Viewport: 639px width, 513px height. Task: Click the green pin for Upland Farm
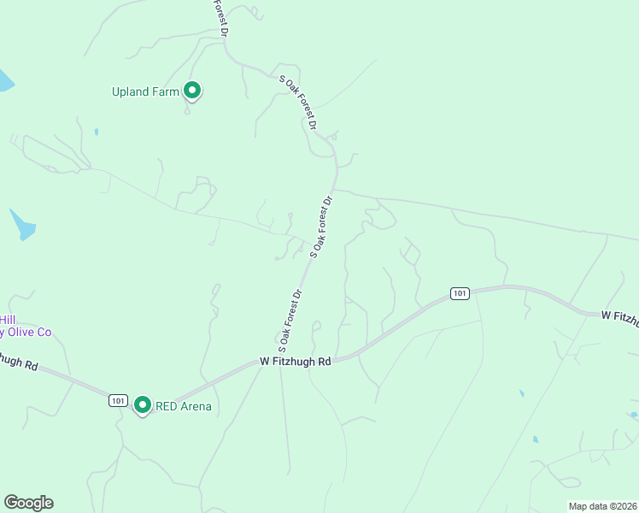193,90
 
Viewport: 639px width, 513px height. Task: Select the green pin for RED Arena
143,405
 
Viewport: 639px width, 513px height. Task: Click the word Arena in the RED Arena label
196,406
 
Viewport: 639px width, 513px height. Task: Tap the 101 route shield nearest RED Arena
119,400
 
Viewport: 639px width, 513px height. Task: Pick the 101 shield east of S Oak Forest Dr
460,294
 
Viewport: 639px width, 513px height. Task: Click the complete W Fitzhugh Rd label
295,362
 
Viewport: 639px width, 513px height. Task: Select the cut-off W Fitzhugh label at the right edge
619,316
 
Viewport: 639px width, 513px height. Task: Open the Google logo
28,503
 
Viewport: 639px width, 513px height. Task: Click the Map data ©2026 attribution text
602,506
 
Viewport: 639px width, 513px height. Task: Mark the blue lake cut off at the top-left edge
5,81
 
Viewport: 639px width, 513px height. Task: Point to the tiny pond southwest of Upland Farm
97,132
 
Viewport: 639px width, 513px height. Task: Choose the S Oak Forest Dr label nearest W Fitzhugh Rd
290,322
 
